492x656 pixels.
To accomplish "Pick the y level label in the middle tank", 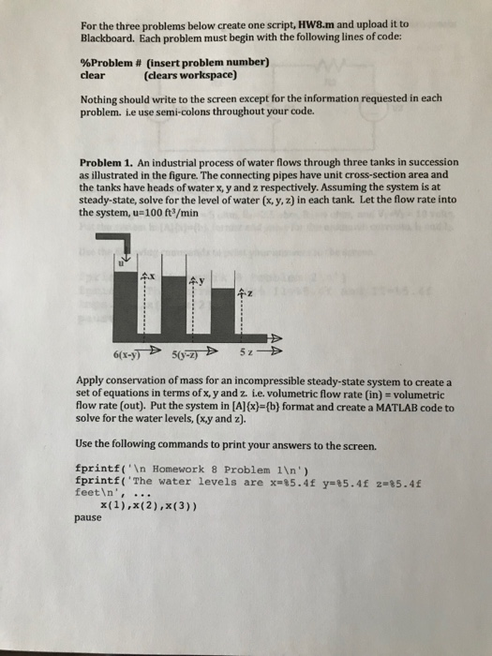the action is [x=199, y=282].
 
